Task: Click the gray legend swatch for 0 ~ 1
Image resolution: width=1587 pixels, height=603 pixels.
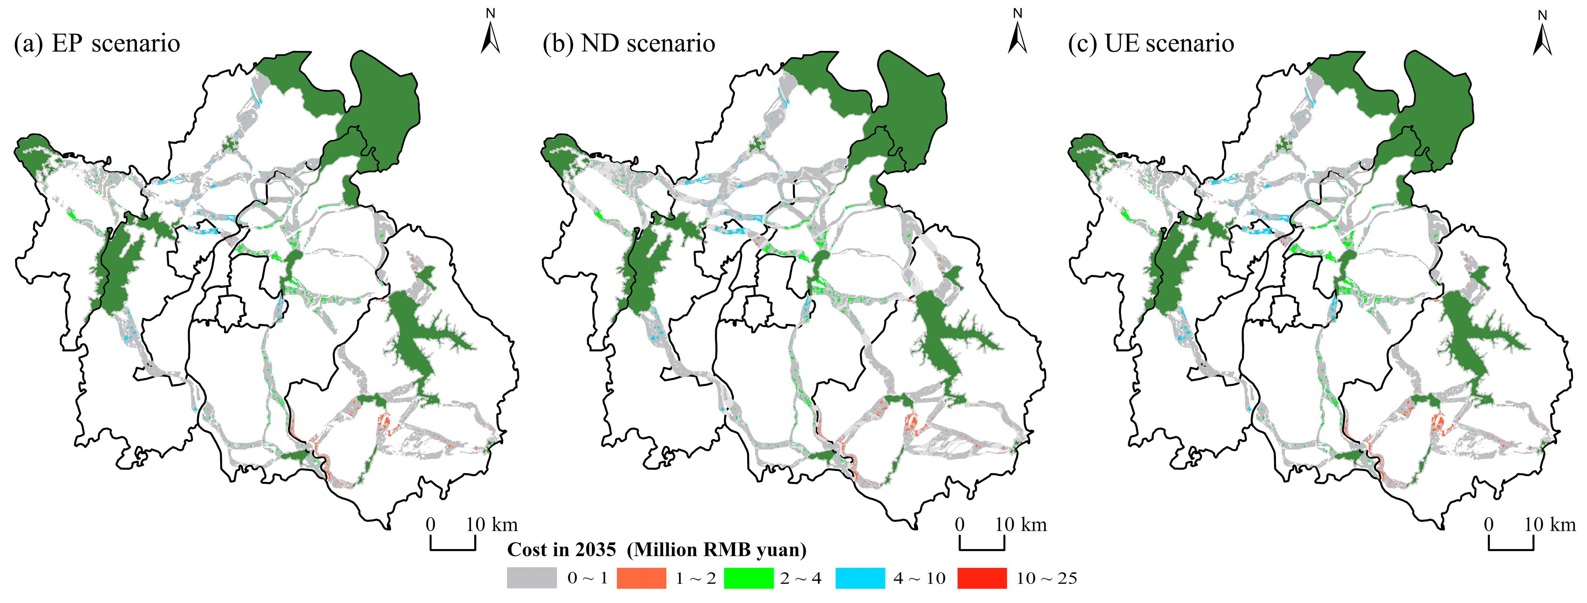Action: (531, 578)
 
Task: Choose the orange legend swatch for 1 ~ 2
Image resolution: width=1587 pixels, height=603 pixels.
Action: (641, 578)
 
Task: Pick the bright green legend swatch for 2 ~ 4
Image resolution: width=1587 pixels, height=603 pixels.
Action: (748, 578)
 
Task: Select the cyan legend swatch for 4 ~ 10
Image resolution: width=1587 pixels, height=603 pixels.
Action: (860, 578)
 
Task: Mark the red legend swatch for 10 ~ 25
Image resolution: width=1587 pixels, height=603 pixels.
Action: (982, 578)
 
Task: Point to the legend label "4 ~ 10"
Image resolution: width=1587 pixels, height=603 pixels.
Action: (919, 578)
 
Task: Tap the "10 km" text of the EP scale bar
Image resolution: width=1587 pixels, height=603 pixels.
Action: (492, 525)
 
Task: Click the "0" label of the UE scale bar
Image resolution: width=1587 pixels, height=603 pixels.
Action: (1489, 525)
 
